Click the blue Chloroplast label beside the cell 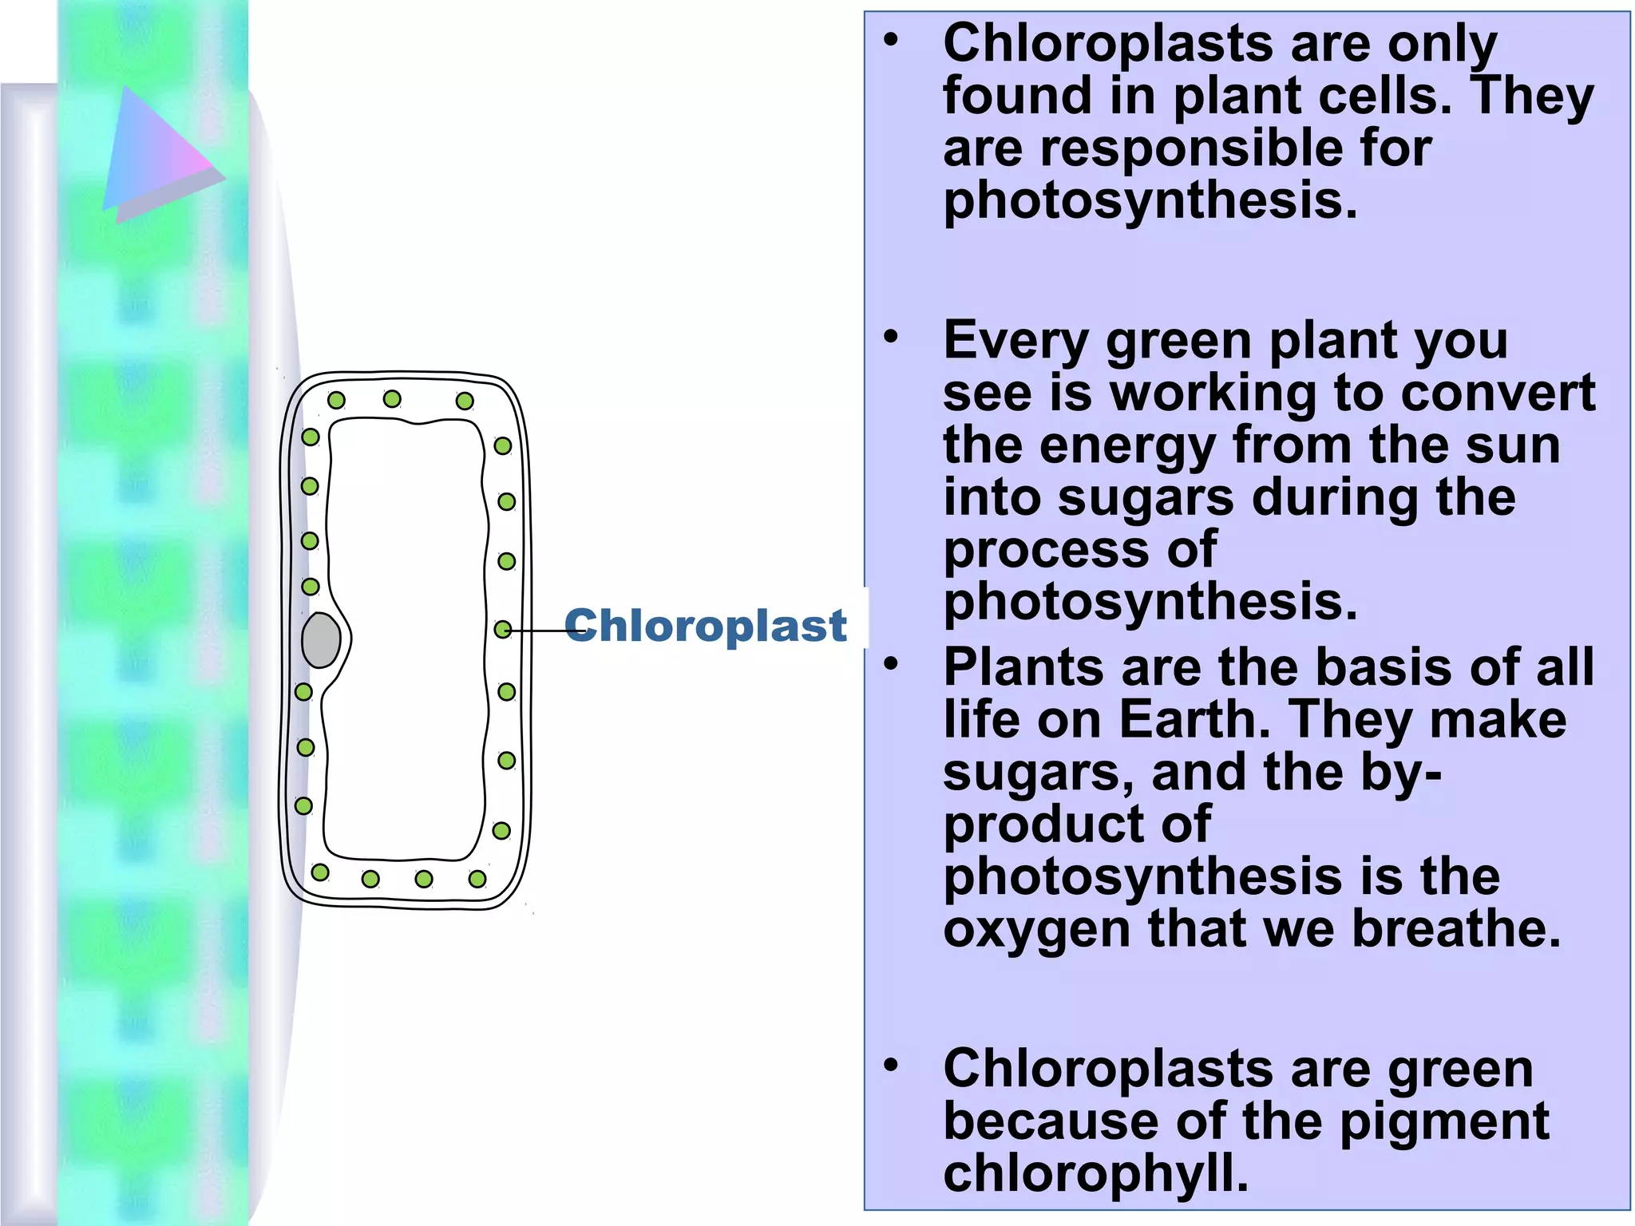[705, 625]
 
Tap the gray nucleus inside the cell [321, 640]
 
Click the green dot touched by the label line [503, 630]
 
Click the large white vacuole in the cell [406, 639]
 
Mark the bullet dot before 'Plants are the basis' [891, 663]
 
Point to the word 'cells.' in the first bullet [1385, 96]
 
